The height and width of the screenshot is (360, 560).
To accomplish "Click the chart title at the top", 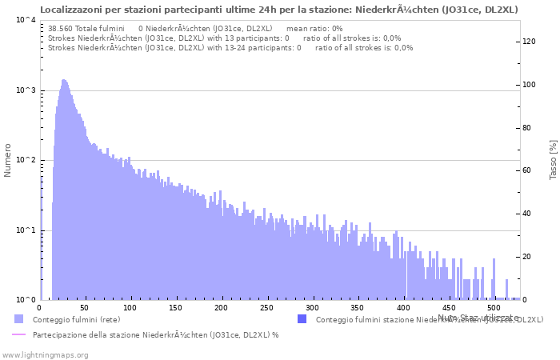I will click(x=278, y=10).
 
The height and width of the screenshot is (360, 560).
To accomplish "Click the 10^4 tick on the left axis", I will click(x=24, y=20).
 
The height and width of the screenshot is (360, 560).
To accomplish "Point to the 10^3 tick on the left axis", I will click(x=24, y=90).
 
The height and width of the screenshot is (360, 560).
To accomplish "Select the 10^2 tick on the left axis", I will click(x=24, y=160).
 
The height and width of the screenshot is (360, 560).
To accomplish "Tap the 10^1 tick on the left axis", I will click(x=24, y=230).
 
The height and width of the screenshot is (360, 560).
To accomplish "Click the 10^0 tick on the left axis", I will click(x=24, y=300).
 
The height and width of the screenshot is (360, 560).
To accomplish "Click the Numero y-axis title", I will click(x=8, y=160).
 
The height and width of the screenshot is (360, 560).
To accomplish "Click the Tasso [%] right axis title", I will click(x=553, y=160).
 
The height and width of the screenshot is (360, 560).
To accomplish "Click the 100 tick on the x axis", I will click(x=85, y=307).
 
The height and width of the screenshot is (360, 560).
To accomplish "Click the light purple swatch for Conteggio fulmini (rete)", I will click(x=19, y=319).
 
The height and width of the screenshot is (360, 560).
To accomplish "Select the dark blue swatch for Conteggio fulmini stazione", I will click(x=302, y=319).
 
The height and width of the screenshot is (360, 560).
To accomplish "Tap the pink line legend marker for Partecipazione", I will click(x=19, y=335).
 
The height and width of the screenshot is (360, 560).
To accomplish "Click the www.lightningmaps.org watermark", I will click(x=46, y=354).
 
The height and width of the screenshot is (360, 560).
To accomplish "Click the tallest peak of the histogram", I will click(x=63, y=81).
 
